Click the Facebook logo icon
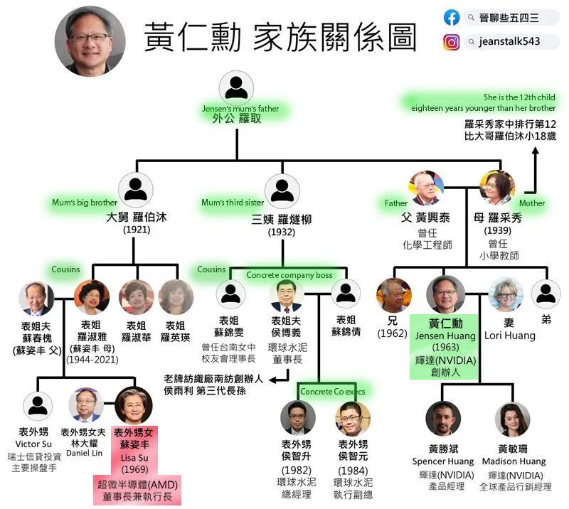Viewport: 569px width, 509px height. click(x=452, y=17)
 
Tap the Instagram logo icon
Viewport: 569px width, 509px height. click(x=451, y=42)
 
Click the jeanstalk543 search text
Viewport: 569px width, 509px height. click(x=509, y=41)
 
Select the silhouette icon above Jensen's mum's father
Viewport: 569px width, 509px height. click(x=236, y=88)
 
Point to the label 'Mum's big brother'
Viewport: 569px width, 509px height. click(x=85, y=203)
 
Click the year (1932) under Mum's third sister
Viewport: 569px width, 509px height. click(x=282, y=232)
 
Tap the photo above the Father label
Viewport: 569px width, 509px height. click(x=426, y=188)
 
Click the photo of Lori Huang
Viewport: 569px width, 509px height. click(x=506, y=295)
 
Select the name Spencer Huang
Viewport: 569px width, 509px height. click(x=443, y=461)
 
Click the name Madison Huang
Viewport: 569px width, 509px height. click(x=514, y=461)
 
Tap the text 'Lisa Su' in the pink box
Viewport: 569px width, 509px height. click(x=134, y=458)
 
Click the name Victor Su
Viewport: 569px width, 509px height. click(x=33, y=444)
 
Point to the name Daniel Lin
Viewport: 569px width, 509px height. click(x=84, y=453)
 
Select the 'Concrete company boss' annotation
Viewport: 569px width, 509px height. click(x=289, y=275)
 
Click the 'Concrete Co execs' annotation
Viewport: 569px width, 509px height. click(x=332, y=392)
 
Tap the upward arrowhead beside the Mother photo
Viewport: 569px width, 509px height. click(x=536, y=151)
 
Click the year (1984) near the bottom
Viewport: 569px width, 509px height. click(x=353, y=471)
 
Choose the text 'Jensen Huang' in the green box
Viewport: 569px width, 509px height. click(x=445, y=336)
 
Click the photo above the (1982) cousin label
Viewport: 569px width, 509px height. click(x=297, y=418)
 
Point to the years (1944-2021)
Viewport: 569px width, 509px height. click(x=92, y=360)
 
